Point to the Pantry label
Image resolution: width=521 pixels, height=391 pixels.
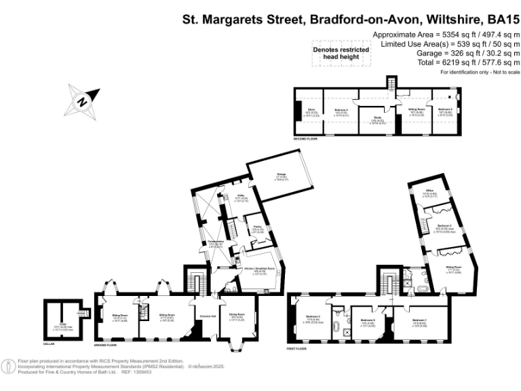[257, 229]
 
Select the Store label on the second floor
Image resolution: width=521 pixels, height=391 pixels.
[313, 111]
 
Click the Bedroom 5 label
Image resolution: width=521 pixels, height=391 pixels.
[444, 110]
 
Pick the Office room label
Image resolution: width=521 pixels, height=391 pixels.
[429, 192]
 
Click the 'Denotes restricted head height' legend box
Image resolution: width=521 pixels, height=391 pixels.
[341, 54]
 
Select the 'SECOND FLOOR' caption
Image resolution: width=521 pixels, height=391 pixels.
[306, 139]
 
